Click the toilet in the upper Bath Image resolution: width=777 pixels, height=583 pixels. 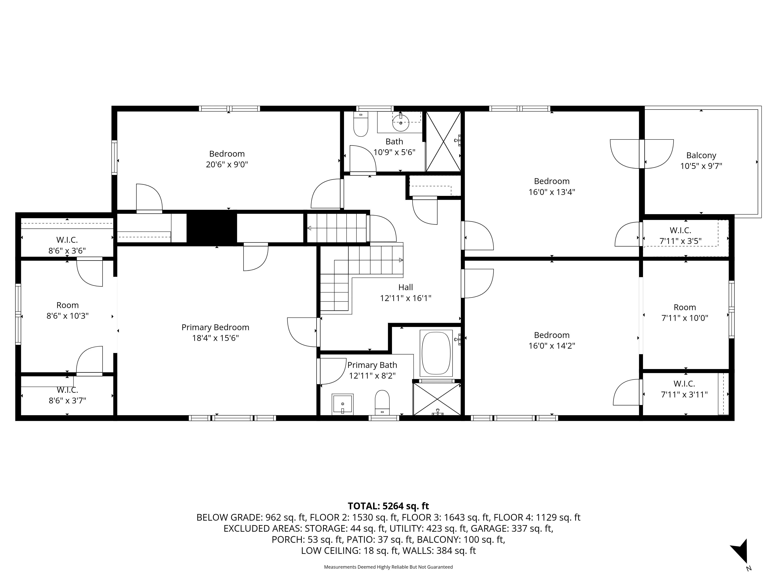click(x=360, y=125)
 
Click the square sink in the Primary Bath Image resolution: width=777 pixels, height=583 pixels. click(x=342, y=404)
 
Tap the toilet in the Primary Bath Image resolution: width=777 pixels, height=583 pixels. click(x=382, y=403)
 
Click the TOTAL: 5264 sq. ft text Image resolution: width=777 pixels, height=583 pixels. click(x=388, y=506)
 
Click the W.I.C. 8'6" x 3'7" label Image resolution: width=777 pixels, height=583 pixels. click(x=67, y=395)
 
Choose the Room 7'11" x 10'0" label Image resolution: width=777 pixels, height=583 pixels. click(x=685, y=312)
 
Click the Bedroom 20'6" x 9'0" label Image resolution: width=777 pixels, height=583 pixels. click(x=227, y=159)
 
